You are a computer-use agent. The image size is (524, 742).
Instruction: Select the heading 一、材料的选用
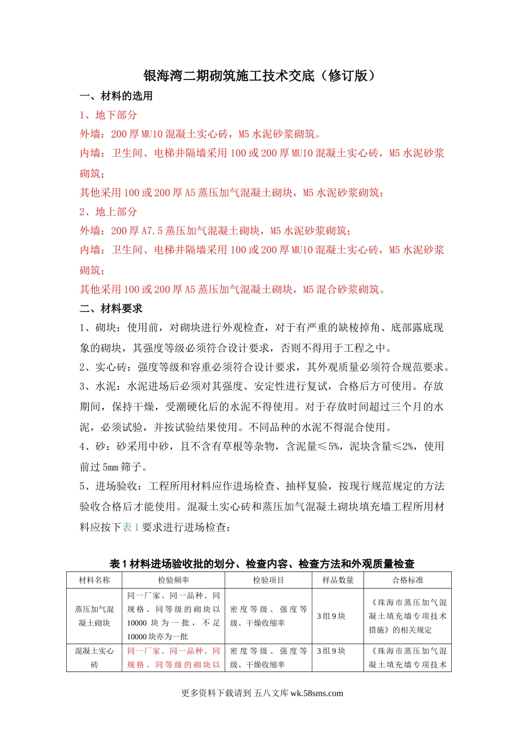point(116,96)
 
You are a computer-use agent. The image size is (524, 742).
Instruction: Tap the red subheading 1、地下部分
point(108,115)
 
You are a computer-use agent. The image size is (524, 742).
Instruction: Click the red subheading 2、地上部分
point(108,211)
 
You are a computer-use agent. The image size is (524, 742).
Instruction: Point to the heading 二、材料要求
point(111,309)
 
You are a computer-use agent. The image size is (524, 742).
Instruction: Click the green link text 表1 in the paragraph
point(130,527)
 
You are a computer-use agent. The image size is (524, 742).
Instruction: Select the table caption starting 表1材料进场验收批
point(261,564)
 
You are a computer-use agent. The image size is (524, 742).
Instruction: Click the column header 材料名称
point(94,580)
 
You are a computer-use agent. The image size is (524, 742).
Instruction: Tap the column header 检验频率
point(173,580)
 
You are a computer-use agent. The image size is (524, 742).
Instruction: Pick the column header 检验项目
point(269,580)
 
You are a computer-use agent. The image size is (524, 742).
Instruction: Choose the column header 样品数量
point(338,580)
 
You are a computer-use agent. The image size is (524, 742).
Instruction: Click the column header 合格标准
point(408,580)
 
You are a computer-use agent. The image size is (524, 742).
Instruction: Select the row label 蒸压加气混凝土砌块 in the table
point(94,616)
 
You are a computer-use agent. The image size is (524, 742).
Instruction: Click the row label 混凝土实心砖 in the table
point(94,658)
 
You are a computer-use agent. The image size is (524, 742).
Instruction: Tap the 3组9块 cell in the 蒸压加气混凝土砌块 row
point(331,616)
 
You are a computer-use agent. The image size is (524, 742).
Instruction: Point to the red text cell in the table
point(173,658)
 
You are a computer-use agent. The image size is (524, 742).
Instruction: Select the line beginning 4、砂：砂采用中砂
point(261,447)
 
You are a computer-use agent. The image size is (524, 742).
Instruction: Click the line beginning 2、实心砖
point(265,367)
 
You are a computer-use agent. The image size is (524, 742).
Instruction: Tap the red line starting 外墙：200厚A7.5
point(215,231)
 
